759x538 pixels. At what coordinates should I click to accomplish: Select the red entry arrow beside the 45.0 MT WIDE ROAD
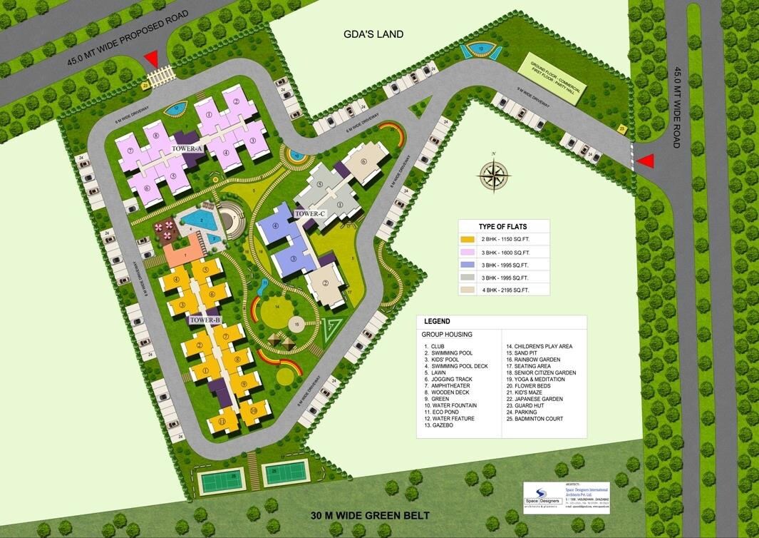645,161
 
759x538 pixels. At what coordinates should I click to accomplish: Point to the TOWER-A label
187,148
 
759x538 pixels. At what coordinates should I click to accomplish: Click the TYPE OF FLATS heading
503,226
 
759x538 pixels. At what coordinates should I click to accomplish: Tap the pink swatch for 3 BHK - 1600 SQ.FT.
468,252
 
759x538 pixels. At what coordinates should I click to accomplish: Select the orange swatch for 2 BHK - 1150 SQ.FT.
468,239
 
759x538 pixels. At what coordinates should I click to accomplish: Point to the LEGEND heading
437,322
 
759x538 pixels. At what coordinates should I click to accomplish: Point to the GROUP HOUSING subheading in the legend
447,334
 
